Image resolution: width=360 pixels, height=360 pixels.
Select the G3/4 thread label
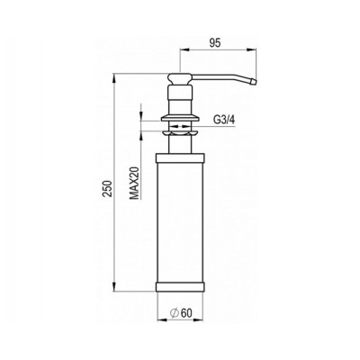click(x=225, y=118)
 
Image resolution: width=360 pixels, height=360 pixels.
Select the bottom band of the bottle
click(x=181, y=289)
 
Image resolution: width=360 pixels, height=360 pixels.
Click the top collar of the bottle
click(x=181, y=158)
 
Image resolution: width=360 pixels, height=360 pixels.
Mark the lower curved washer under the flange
click(x=181, y=128)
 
